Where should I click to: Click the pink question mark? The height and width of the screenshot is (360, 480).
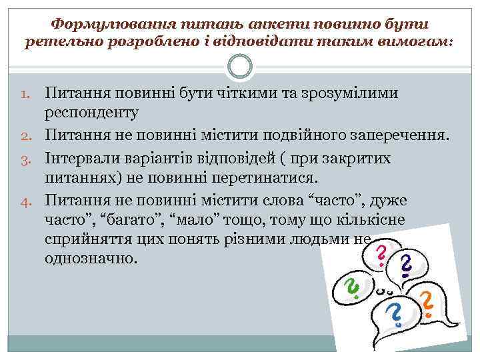click(381, 255)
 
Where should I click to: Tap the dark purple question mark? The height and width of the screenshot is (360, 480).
click(405, 266)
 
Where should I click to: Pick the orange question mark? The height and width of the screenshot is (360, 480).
click(427, 303)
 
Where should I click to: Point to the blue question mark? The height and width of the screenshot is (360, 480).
click(394, 313)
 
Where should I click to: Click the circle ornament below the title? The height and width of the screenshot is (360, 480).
click(239, 66)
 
